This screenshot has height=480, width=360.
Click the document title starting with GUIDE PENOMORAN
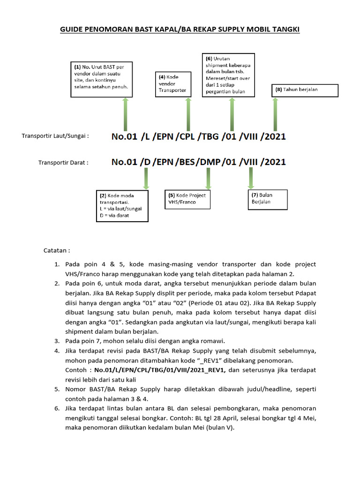point(180,30)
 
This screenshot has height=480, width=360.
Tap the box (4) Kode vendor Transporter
point(173,83)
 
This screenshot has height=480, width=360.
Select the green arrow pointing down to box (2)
point(146,179)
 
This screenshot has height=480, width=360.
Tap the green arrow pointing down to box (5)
point(208,179)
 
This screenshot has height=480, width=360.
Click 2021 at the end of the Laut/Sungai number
point(273,137)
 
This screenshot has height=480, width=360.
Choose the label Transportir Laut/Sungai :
point(55,136)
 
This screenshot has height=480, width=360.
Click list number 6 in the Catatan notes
point(56,409)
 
